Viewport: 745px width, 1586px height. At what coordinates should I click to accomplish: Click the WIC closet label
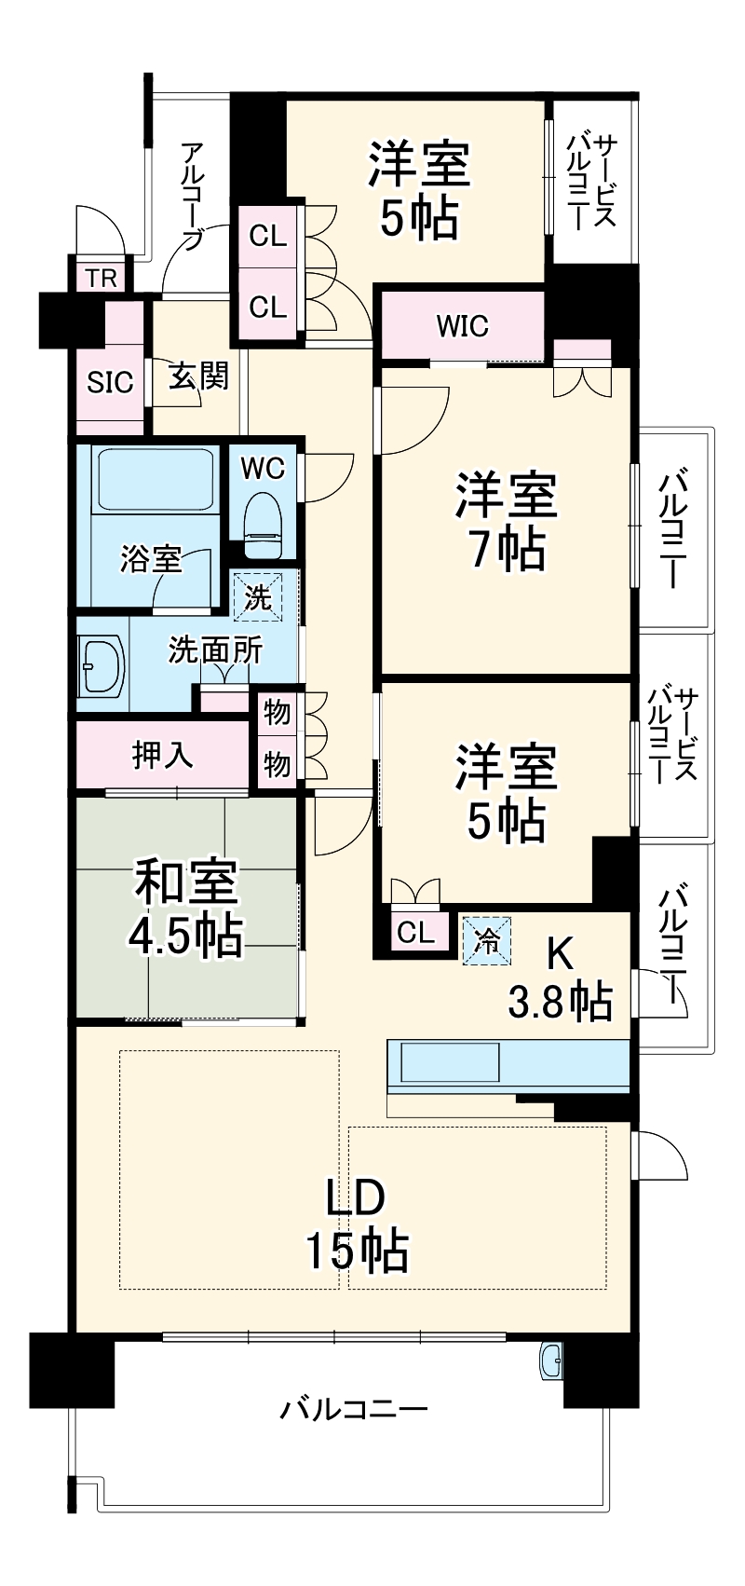462,326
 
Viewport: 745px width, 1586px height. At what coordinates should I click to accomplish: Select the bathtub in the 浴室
153,481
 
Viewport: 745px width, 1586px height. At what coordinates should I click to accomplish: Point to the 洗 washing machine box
257,596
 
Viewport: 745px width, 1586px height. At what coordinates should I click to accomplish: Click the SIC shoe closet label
110,382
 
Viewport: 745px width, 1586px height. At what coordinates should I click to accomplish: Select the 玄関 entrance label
198,376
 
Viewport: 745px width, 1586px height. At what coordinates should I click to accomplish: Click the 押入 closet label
163,756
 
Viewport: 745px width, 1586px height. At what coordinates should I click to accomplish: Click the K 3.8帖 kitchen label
560,978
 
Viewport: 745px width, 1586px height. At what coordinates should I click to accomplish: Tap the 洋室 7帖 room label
506,521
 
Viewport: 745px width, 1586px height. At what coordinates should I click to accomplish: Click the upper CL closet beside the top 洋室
268,237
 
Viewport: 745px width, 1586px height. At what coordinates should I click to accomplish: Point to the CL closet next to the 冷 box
415,932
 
